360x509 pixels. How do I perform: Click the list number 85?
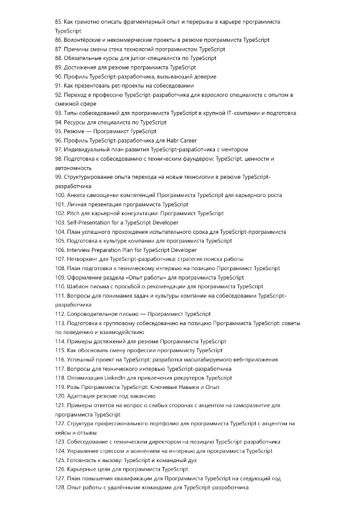click(59, 22)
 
